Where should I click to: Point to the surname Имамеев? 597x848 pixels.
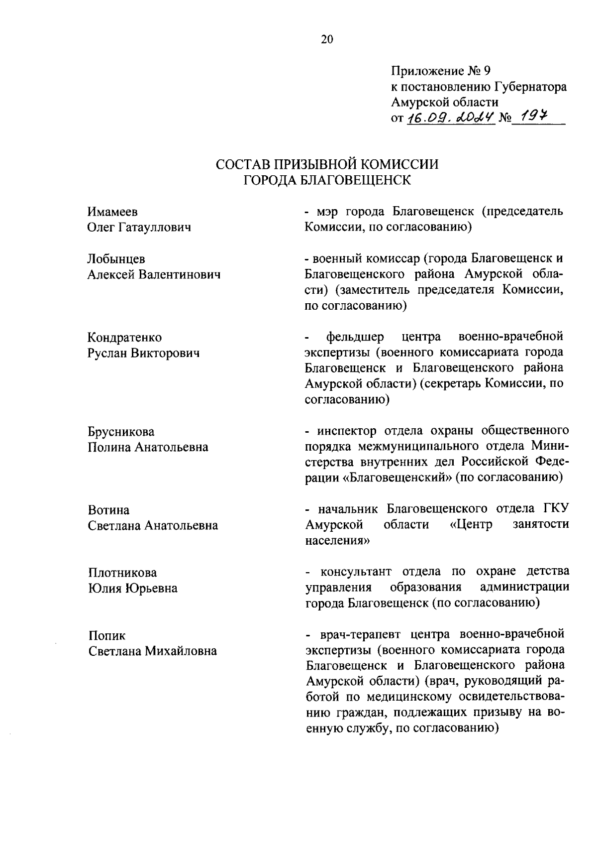pyautogui.click(x=112, y=212)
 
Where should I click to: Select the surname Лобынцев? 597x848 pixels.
pyautogui.click(x=116, y=259)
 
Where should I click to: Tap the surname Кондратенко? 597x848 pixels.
pyautogui.click(x=125, y=338)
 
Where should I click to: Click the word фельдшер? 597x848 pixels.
pyautogui.click(x=355, y=337)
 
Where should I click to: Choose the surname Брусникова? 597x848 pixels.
pyautogui.click(x=121, y=431)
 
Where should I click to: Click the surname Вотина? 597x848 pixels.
pyautogui.click(x=108, y=510)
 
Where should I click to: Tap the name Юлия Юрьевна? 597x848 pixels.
pyautogui.click(x=133, y=589)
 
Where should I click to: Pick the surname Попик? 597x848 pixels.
pyautogui.click(x=107, y=636)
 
